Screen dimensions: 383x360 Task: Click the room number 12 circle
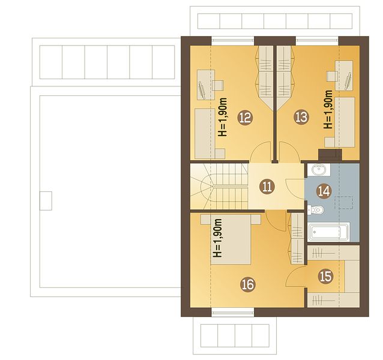pos(246,118)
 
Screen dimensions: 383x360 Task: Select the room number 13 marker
pos(301,117)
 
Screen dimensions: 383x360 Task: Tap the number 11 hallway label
pos(267,187)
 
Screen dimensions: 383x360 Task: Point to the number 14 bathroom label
pos(324,191)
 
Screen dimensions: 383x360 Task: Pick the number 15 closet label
pos(326,276)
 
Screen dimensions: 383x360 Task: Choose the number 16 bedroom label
pos(248,284)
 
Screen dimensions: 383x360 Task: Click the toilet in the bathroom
pos(316,209)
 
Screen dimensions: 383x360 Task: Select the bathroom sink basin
pos(319,170)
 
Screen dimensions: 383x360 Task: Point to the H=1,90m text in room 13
pos(328,110)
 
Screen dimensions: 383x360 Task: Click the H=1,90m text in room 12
pos(223,117)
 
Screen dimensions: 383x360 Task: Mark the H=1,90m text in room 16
pos(217,238)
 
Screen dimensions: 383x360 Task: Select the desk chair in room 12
pos(218,85)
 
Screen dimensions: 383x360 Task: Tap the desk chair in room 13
pos(332,76)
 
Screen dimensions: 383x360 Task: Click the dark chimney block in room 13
pos(330,155)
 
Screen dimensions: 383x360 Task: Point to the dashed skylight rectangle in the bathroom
pos(344,203)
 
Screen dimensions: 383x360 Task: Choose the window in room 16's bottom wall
pos(232,312)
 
